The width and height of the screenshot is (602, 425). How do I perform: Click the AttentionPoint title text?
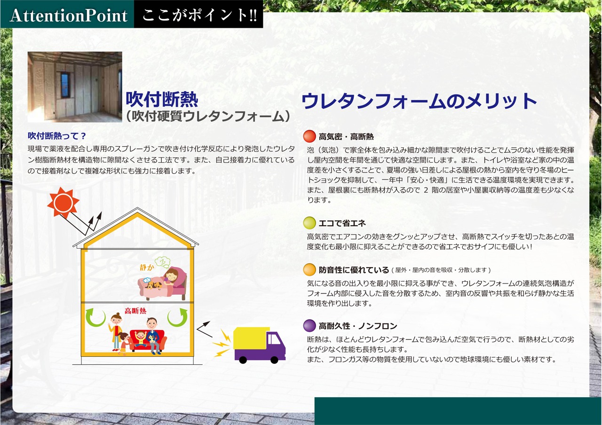coord(69,16)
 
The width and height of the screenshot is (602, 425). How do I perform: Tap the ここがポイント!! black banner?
coord(198,14)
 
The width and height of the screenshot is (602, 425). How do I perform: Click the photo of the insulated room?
coord(75,87)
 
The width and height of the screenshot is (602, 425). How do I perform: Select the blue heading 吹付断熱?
coord(162,99)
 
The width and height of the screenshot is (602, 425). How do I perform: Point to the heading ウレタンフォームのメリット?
coord(419,101)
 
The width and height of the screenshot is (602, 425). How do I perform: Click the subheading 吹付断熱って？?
coord(57,136)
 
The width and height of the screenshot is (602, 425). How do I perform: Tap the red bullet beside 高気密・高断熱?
coord(309,136)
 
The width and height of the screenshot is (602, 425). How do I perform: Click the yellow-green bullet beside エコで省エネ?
coord(309,223)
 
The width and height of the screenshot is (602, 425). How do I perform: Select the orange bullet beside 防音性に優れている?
coord(309,270)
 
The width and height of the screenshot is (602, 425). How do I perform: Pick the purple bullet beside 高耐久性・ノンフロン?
coord(309,326)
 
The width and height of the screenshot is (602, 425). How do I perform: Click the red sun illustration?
coord(63,203)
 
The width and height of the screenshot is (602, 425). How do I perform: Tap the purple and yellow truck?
coord(259,345)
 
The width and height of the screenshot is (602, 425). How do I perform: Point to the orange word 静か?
coord(147,268)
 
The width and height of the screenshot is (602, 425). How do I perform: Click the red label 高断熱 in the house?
coord(135,311)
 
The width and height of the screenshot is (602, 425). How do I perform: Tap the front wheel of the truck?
coord(274,360)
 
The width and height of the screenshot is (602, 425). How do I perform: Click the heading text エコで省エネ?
coord(342,223)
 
